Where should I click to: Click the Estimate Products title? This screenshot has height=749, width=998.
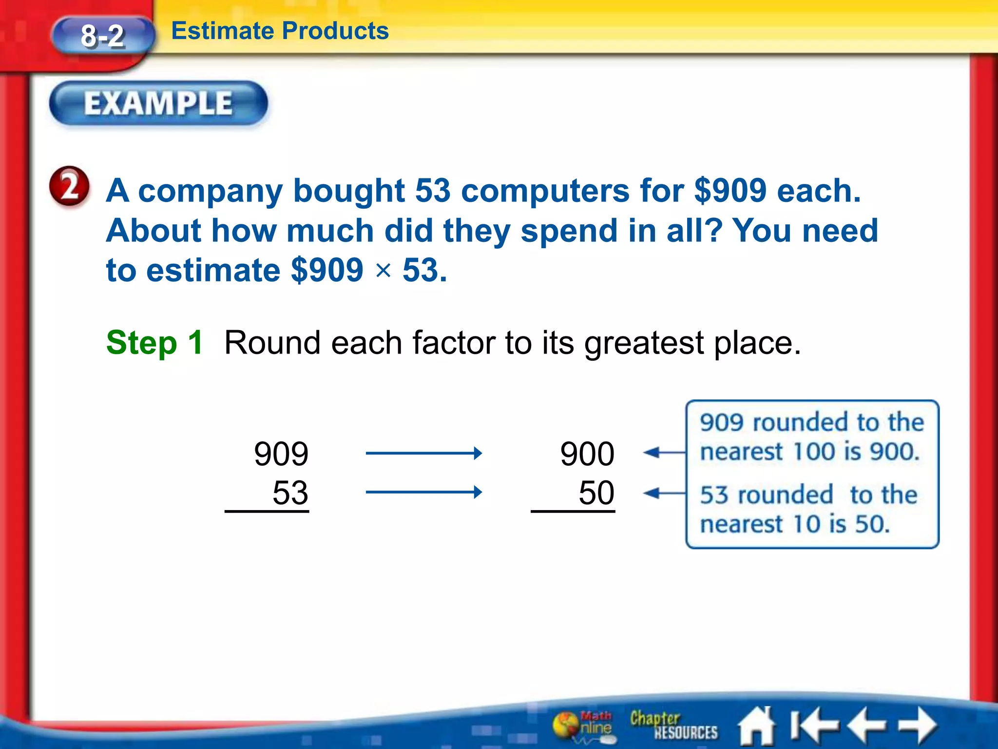(280, 31)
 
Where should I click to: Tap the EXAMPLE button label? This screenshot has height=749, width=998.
(158, 103)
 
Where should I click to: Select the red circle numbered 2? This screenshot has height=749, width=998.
(69, 187)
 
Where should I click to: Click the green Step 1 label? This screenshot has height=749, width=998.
(154, 342)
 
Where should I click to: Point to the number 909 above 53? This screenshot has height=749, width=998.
(281, 453)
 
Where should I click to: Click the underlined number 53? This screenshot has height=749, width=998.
(290, 493)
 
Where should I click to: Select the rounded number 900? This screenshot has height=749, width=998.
(587, 453)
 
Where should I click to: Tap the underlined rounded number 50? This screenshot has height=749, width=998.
(596, 493)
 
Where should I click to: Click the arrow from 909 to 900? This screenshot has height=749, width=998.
(423, 453)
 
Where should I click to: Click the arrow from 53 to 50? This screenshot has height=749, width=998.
(423, 492)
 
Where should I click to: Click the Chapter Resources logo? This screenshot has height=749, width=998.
(673, 725)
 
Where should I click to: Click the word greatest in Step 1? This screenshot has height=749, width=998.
(644, 343)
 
